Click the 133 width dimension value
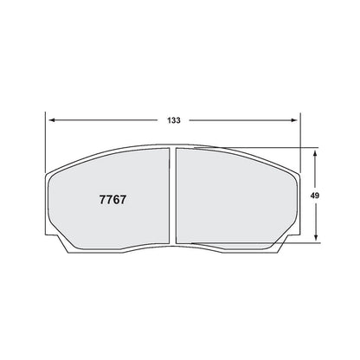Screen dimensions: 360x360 pos(174,120)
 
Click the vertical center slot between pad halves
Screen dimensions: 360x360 pos(173,196)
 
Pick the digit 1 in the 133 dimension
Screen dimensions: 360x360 pos(169,120)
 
